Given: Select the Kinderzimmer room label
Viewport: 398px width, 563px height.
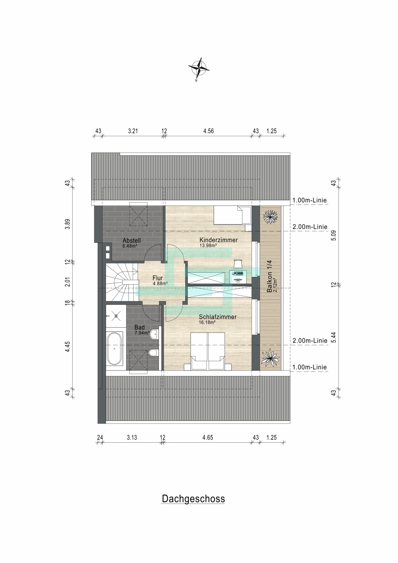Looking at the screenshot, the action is click(x=219, y=240).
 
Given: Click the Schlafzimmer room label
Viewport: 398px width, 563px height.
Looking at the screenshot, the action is click(x=218, y=317).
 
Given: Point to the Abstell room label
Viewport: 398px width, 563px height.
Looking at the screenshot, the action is click(x=132, y=241).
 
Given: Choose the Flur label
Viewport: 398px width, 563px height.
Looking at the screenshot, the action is click(x=158, y=278).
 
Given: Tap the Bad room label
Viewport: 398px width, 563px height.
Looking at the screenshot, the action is click(x=140, y=327).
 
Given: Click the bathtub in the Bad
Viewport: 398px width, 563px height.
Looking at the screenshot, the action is click(x=114, y=348).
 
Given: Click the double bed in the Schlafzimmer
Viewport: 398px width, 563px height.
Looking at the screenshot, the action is click(x=208, y=351).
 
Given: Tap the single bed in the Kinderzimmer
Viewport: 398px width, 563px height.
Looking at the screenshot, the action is click(x=232, y=215).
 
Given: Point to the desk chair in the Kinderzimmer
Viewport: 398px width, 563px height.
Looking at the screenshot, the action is click(x=238, y=264).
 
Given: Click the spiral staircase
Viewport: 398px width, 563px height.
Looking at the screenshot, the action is click(x=122, y=282).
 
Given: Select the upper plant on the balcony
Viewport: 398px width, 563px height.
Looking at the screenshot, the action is click(x=270, y=216).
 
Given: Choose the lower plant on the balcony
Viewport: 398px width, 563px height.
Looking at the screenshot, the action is click(x=270, y=357).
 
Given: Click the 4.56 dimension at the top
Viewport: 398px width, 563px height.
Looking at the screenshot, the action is click(x=208, y=131).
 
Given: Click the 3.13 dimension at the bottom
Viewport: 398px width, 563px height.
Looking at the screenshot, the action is click(x=132, y=438).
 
